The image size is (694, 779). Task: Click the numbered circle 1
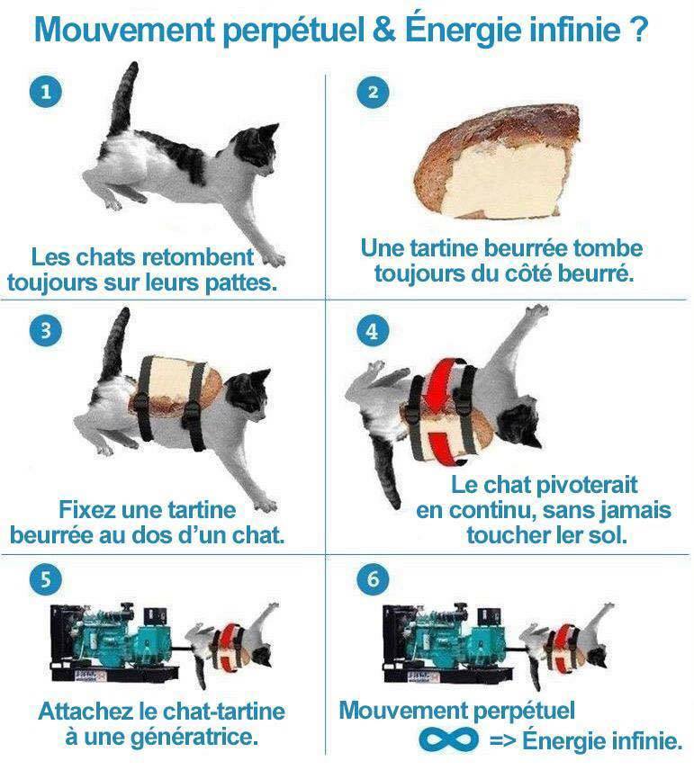click(46, 92)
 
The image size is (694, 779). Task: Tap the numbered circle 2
click(373, 92)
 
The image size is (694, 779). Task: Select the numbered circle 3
click(46, 330)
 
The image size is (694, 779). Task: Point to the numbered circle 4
click(373, 330)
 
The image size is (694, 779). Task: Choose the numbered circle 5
click(46, 579)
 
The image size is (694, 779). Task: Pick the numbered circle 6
click(373, 579)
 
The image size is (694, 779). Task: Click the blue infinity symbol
click(448, 739)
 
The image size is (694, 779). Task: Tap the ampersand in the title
click(384, 30)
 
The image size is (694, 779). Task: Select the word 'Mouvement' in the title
click(124, 30)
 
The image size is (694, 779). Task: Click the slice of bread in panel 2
click(497, 161)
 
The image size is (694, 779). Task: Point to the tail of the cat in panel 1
click(123, 98)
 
